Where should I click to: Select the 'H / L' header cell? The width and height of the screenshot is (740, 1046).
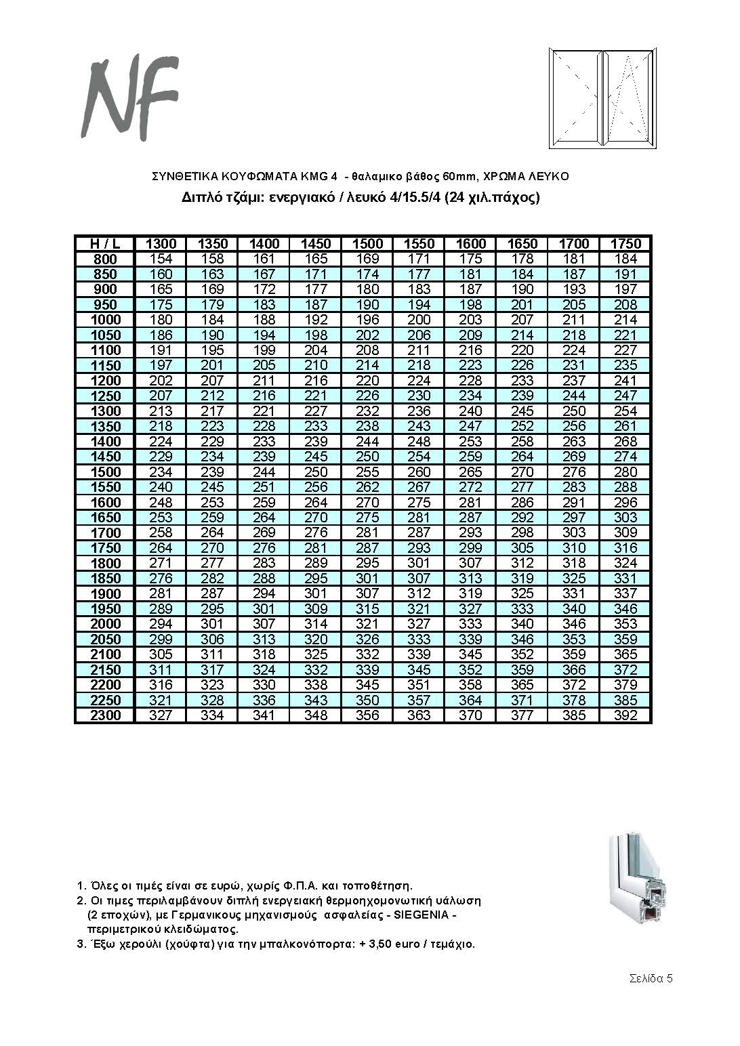coord(105,244)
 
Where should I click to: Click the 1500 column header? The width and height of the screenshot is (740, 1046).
coord(367,244)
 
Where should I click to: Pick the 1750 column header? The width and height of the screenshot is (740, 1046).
coord(625,244)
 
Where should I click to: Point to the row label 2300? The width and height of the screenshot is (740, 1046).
coord(105,715)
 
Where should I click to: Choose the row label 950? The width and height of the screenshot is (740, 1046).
coord(105,305)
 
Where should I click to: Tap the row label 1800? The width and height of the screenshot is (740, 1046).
coord(105,564)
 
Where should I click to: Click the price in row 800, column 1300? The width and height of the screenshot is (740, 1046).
coord(161,259)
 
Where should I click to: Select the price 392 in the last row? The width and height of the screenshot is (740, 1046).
coord(625,715)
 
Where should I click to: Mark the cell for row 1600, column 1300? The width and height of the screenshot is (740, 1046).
coord(161,503)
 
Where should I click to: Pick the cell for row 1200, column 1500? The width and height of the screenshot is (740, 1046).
coord(367,381)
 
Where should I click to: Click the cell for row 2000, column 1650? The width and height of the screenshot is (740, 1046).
coord(522,624)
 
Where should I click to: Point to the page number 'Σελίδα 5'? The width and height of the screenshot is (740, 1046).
coord(651,978)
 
